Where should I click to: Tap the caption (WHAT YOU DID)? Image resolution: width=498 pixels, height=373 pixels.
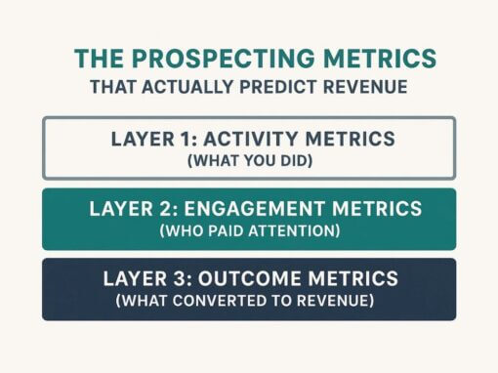(248, 159)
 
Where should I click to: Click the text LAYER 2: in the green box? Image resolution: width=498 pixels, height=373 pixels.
(127, 208)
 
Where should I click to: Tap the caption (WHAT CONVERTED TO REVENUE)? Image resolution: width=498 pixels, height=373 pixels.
(248, 301)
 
